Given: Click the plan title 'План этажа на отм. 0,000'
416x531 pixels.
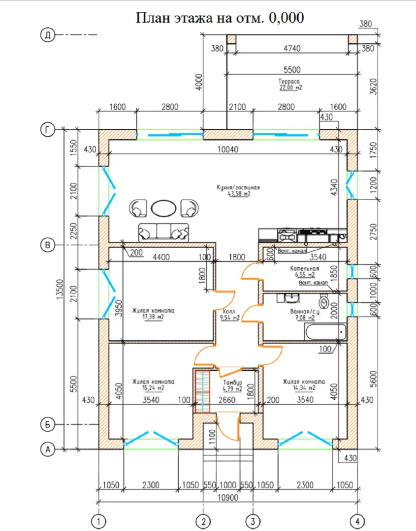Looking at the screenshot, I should [x=220, y=18].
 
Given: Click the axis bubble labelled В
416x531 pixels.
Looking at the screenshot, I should [x=48, y=244].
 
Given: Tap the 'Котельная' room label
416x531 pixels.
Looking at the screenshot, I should [x=304, y=269].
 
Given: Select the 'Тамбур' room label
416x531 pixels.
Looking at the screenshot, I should [x=231, y=382].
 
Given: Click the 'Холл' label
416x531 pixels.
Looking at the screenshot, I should [x=228, y=311].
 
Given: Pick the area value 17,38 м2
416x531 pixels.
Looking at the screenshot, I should [x=153, y=318].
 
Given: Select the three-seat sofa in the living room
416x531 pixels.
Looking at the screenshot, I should [x=163, y=231].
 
